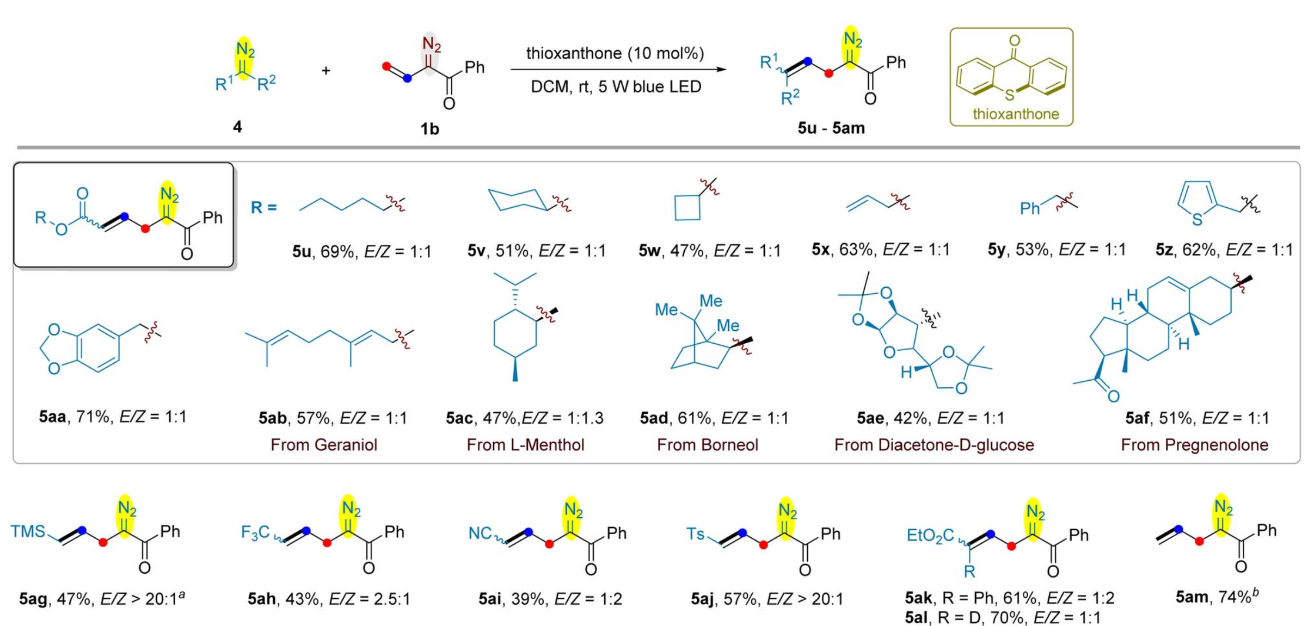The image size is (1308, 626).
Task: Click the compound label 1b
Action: [429, 129]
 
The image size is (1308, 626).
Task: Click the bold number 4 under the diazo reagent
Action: [237, 127]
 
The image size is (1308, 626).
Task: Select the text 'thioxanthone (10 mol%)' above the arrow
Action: [615, 53]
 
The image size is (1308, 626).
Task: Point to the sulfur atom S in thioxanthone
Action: [1010, 95]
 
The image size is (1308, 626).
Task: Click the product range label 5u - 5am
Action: [831, 128]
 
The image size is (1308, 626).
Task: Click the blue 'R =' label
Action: [264, 207]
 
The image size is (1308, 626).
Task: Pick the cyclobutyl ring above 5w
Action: [687, 207]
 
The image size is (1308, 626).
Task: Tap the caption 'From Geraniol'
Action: [324, 445]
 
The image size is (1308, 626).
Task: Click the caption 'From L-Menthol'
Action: [525, 445]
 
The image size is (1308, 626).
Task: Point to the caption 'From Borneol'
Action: [707, 445]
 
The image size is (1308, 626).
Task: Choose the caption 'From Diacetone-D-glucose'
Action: [934, 445]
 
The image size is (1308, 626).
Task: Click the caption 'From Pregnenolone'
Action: [1194, 445]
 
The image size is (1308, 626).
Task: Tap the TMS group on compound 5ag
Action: [28, 531]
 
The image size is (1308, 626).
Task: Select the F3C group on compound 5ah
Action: [255, 532]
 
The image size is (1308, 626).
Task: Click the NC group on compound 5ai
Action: [480, 533]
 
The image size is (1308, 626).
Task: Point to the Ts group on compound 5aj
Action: [696, 534]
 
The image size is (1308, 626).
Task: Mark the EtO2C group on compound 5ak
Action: [930, 536]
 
